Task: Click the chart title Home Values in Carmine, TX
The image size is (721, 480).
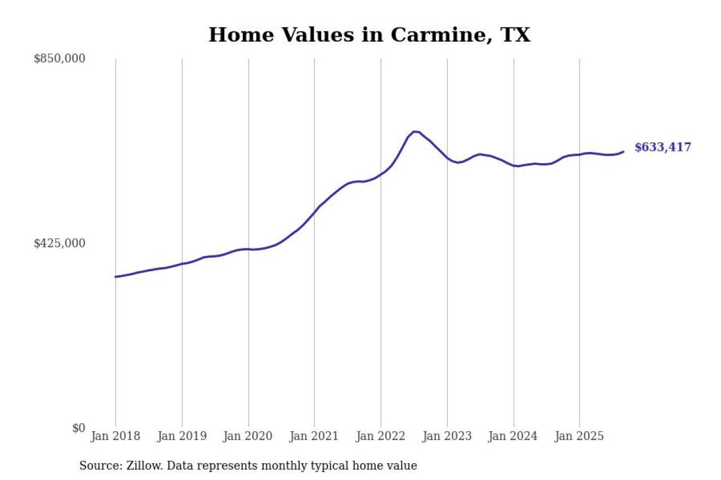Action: [369, 35]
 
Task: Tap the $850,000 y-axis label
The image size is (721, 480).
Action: [60, 59]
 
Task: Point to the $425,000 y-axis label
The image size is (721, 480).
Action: [60, 243]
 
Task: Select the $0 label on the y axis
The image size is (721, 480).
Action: [78, 428]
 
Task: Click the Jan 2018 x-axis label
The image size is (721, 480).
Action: [115, 436]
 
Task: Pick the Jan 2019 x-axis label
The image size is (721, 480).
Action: [182, 436]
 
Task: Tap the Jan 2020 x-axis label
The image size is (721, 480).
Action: [248, 436]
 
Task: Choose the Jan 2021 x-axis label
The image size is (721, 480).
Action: [314, 436]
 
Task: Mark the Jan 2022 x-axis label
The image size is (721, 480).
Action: [381, 436]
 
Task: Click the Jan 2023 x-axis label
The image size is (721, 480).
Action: [447, 436]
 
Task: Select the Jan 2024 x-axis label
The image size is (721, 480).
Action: [513, 436]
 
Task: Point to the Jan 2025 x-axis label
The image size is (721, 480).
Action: [580, 436]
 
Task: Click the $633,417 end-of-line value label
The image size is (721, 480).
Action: [662, 147]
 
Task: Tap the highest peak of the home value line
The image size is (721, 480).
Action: [415, 132]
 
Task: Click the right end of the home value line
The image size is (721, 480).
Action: [624, 151]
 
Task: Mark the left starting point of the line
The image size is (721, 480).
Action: [115, 277]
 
